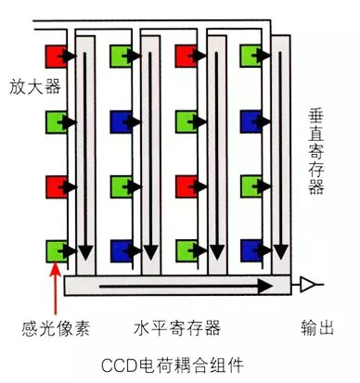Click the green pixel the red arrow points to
tap(55, 249)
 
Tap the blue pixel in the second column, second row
tap(120, 121)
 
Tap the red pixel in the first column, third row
tap(55, 185)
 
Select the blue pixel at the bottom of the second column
tap(120, 249)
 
